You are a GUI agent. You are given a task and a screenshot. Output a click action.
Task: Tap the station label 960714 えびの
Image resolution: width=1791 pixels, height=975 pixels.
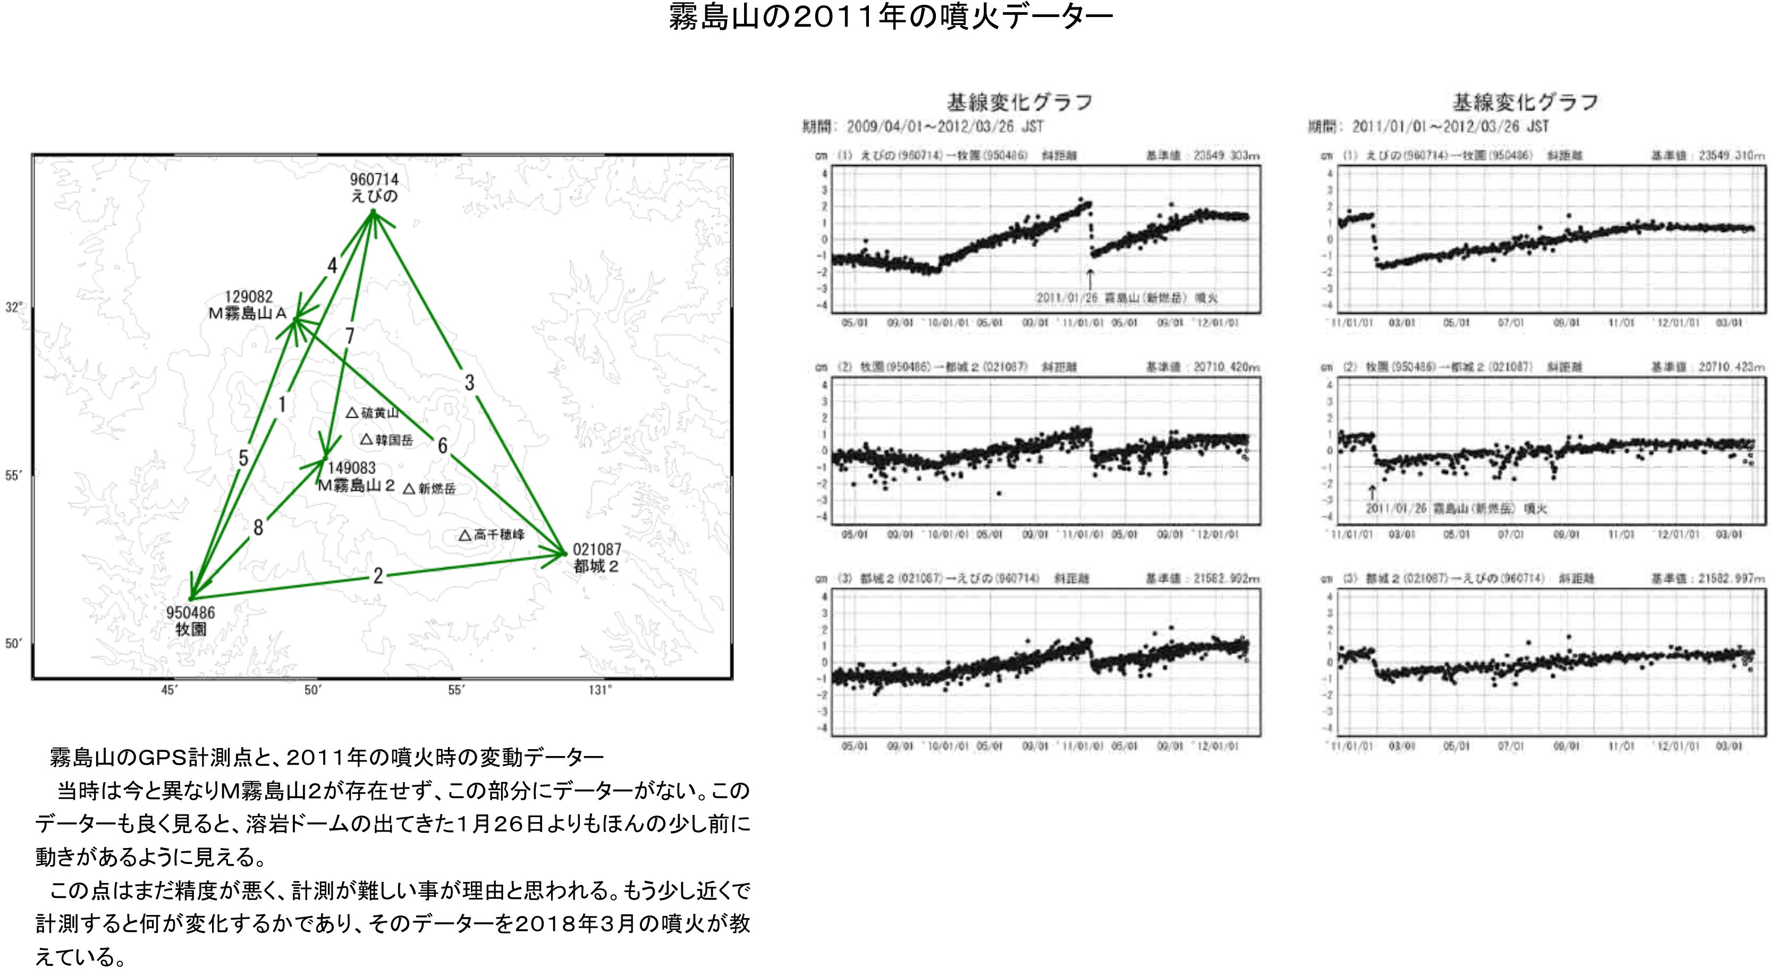[374, 188]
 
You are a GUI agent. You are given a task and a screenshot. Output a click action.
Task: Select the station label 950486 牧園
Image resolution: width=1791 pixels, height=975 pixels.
[190, 621]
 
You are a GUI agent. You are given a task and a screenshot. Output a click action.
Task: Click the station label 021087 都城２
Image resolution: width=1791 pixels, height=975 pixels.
[596, 558]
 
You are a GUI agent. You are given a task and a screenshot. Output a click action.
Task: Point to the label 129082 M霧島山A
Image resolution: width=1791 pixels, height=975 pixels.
[248, 305]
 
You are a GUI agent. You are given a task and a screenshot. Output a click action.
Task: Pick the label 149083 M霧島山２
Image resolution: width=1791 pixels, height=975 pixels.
[356, 477]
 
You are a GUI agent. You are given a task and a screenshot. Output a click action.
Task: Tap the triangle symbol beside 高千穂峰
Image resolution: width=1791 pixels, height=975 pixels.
[465, 535]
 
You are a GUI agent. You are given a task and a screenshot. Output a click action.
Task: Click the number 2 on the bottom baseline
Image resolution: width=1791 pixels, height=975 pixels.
[377, 575]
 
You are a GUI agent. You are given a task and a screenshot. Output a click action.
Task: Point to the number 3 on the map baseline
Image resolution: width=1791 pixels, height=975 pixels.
[469, 382]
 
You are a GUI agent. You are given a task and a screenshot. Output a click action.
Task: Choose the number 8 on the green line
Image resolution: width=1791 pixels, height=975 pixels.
[258, 528]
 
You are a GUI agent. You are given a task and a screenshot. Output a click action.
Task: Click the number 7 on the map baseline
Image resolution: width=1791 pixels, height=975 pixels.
[350, 336]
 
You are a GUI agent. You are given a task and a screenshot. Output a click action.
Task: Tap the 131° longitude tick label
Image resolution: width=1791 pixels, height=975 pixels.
[600, 690]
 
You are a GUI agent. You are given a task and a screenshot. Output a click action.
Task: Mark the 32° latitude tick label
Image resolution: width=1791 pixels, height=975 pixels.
[14, 307]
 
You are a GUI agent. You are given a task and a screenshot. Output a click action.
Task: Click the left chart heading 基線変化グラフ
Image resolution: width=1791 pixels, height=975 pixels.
[1019, 103]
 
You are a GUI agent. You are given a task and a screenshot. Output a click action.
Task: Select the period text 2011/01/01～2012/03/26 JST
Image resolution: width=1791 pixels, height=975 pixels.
[1450, 126]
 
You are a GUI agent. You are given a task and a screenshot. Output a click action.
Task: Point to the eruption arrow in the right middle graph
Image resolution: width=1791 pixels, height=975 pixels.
[1372, 492]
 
